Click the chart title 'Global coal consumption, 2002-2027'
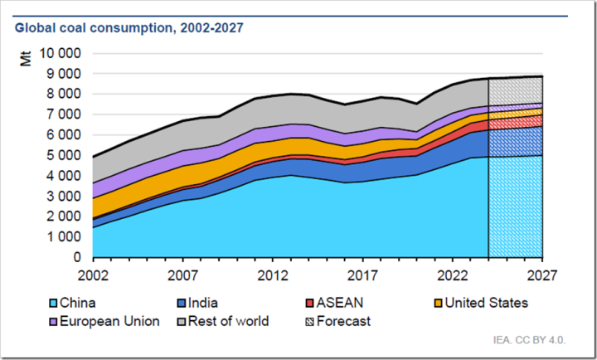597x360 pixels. (129, 28)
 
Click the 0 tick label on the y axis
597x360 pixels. (77, 257)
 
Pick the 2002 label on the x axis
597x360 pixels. (93, 274)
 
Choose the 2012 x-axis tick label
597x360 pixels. (272, 274)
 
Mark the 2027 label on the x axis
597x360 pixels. (541, 274)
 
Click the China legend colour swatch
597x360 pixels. (99, 304)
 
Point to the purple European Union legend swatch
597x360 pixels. (99, 321)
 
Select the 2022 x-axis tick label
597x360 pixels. (452, 274)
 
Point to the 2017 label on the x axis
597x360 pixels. (362, 274)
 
